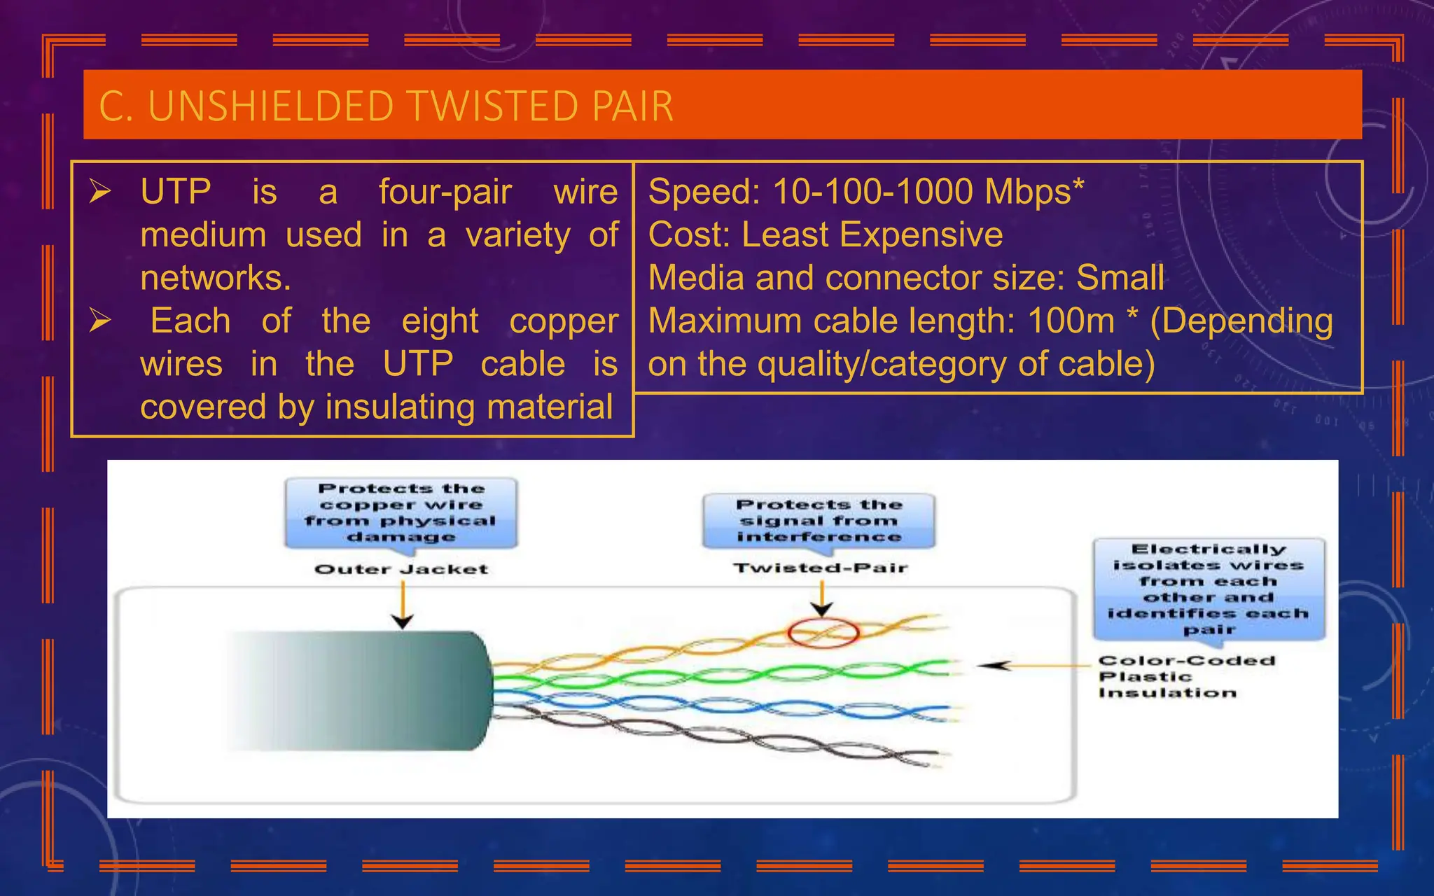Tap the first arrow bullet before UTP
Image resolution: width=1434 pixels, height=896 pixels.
point(100,191)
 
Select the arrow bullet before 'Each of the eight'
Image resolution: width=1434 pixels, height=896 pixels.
point(100,321)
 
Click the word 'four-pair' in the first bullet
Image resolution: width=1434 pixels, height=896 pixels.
point(445,192)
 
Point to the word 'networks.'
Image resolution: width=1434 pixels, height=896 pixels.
point(215,278)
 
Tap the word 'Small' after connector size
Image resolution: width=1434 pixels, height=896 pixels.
point(1120,278)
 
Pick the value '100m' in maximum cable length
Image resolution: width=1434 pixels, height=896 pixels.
point(1071,321)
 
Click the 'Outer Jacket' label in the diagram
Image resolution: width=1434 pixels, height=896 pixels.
point(401,569)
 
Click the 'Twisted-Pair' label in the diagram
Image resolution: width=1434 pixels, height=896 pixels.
point(821,568)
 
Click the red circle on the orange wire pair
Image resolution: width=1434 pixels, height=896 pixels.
point(823,633)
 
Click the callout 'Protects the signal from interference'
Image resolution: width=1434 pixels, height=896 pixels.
point(819,521)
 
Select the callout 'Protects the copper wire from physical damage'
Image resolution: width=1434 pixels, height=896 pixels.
point(401,512)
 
